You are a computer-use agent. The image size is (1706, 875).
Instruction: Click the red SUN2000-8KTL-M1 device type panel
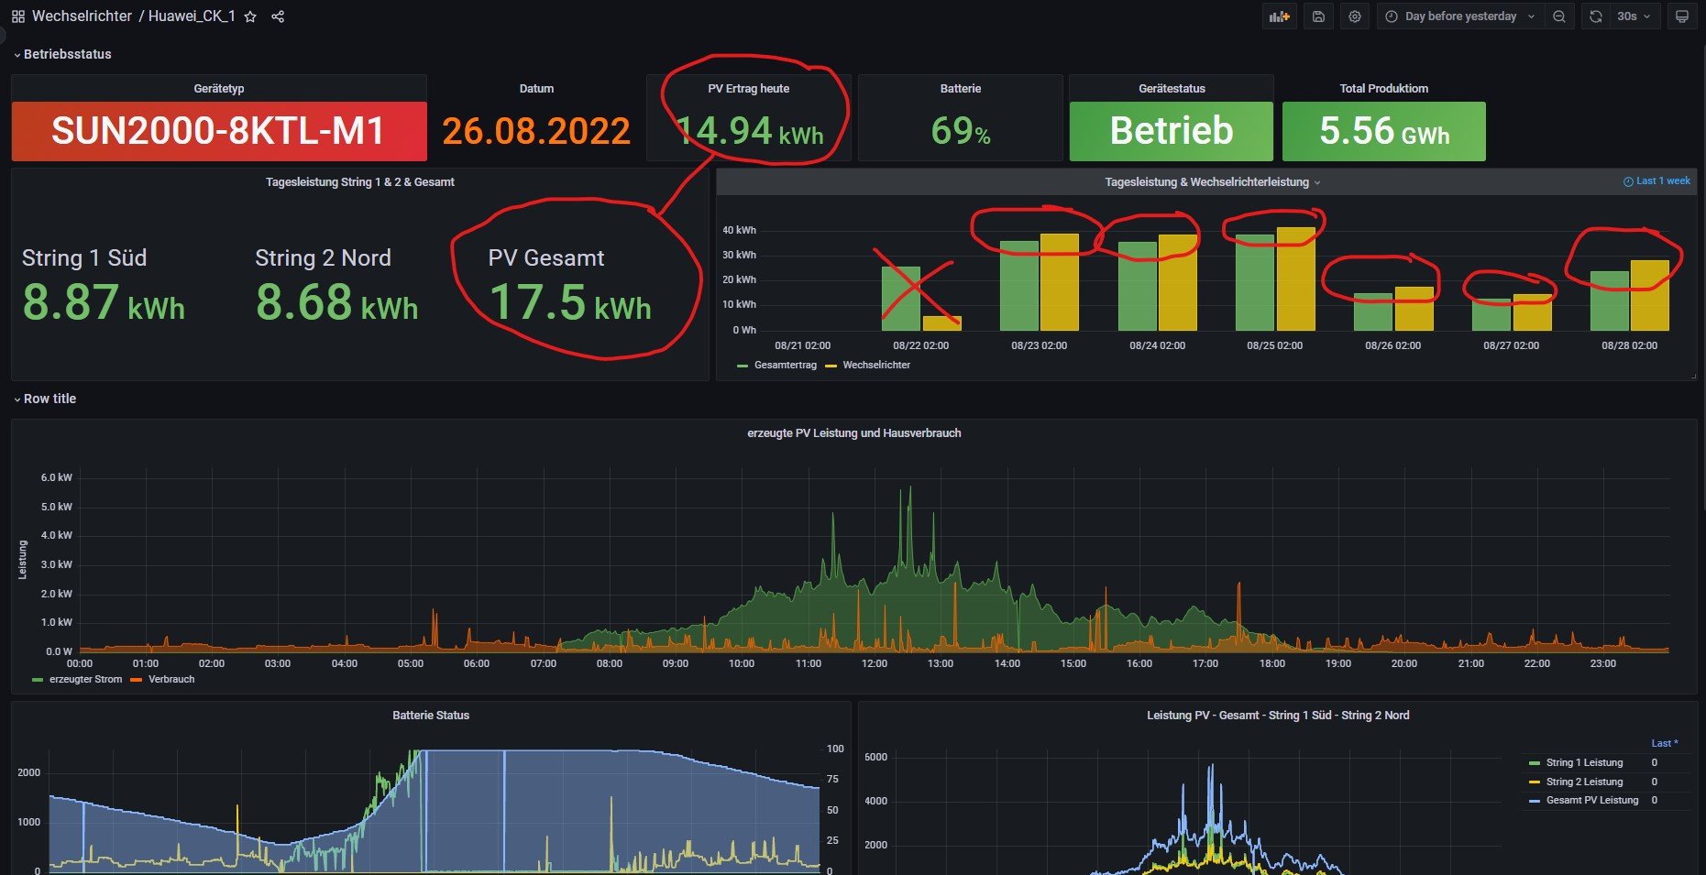point(218,131)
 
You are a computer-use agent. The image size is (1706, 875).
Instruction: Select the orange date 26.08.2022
point(536,131)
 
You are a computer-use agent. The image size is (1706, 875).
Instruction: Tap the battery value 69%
point(960,131)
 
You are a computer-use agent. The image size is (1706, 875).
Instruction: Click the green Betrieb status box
point(1171,131)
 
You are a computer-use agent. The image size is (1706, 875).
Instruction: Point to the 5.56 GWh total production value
point(1383,131)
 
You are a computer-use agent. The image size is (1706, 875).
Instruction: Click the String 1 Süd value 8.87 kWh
point(104,302)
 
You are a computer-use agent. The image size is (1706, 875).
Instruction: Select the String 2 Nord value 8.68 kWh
point(336,302)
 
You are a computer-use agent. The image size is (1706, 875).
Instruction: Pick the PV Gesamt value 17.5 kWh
point(569,302)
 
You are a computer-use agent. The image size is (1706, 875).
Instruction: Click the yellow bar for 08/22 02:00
point(941,323)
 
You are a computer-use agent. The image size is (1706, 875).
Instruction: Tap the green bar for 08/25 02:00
point(1255,282)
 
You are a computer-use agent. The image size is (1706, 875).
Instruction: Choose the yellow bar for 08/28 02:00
point(1649,295)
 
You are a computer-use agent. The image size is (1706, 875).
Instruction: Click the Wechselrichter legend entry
point(875,365)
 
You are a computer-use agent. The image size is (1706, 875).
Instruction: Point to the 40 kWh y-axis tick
point(739,230)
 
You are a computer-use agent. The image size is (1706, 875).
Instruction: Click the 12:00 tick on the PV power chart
point(874,663)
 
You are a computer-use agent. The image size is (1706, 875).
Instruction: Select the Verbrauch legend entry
point(171,679)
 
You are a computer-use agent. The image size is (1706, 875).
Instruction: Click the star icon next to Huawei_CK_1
point(250,16)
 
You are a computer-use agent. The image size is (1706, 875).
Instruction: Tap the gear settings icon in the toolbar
point(1355,16)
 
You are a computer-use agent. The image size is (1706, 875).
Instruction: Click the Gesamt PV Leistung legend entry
point(1591,800)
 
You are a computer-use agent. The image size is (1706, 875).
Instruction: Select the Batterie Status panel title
point(431,716)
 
